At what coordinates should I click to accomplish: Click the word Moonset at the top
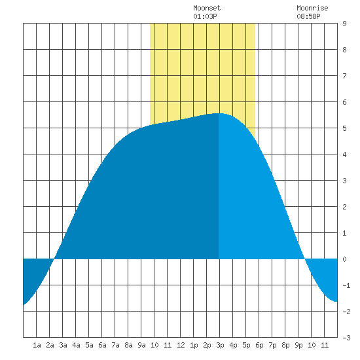[207, 8]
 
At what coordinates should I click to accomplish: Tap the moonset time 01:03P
[205, 16]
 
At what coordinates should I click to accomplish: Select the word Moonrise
[312, 8]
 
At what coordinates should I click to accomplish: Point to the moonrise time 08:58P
[308, 16]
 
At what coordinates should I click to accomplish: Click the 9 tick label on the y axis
[344, 24]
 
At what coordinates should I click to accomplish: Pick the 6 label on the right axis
[344, 102]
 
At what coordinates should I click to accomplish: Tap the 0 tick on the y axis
[344, 259]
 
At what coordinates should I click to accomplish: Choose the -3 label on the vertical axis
[346, 338]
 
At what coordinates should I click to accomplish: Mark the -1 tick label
[346, 285]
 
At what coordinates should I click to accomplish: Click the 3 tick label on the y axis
[344, 181]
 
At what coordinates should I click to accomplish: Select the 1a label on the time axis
[37, 345]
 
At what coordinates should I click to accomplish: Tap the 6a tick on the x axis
[102, 345]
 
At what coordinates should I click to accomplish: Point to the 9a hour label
[141, 345]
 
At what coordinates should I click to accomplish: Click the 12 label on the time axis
[181, 345]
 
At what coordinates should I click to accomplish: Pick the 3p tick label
[220, 345]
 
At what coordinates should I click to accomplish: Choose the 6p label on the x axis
[259, 345]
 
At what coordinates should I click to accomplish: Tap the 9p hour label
[298, 345]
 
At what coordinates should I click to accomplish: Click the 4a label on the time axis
[76, 345]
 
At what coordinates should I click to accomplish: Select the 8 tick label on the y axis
[344, 50]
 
